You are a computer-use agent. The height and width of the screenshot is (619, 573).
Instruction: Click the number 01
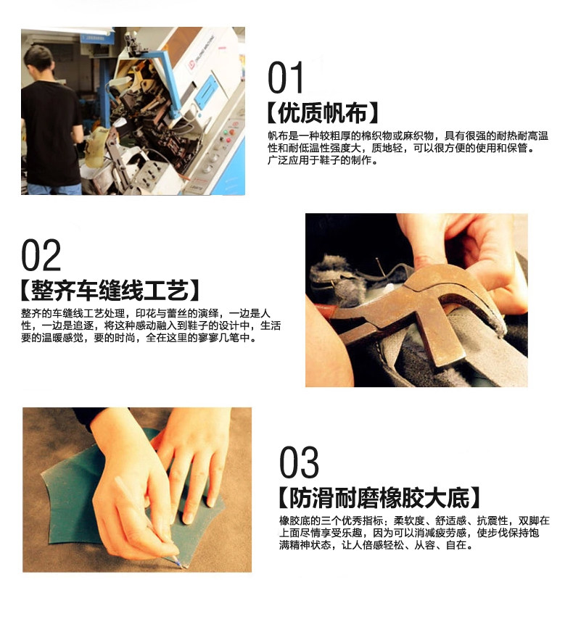click(x=285, y=77)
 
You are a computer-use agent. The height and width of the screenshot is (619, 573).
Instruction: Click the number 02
click(x=41, y=255)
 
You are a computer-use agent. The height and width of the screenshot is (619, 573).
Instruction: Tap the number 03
click(x=299, y=462)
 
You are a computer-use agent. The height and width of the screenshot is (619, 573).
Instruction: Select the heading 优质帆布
click(x=323, y=113)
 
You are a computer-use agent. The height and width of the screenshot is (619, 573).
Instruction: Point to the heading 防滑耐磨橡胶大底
click(x=379, y=498)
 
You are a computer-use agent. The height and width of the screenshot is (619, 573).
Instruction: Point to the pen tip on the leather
click(x=180, y=565)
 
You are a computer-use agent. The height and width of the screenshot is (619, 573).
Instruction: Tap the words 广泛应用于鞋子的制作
click(x=320, y=160)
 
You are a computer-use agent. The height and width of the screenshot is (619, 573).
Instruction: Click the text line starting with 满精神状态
click(x=376, y=545)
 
